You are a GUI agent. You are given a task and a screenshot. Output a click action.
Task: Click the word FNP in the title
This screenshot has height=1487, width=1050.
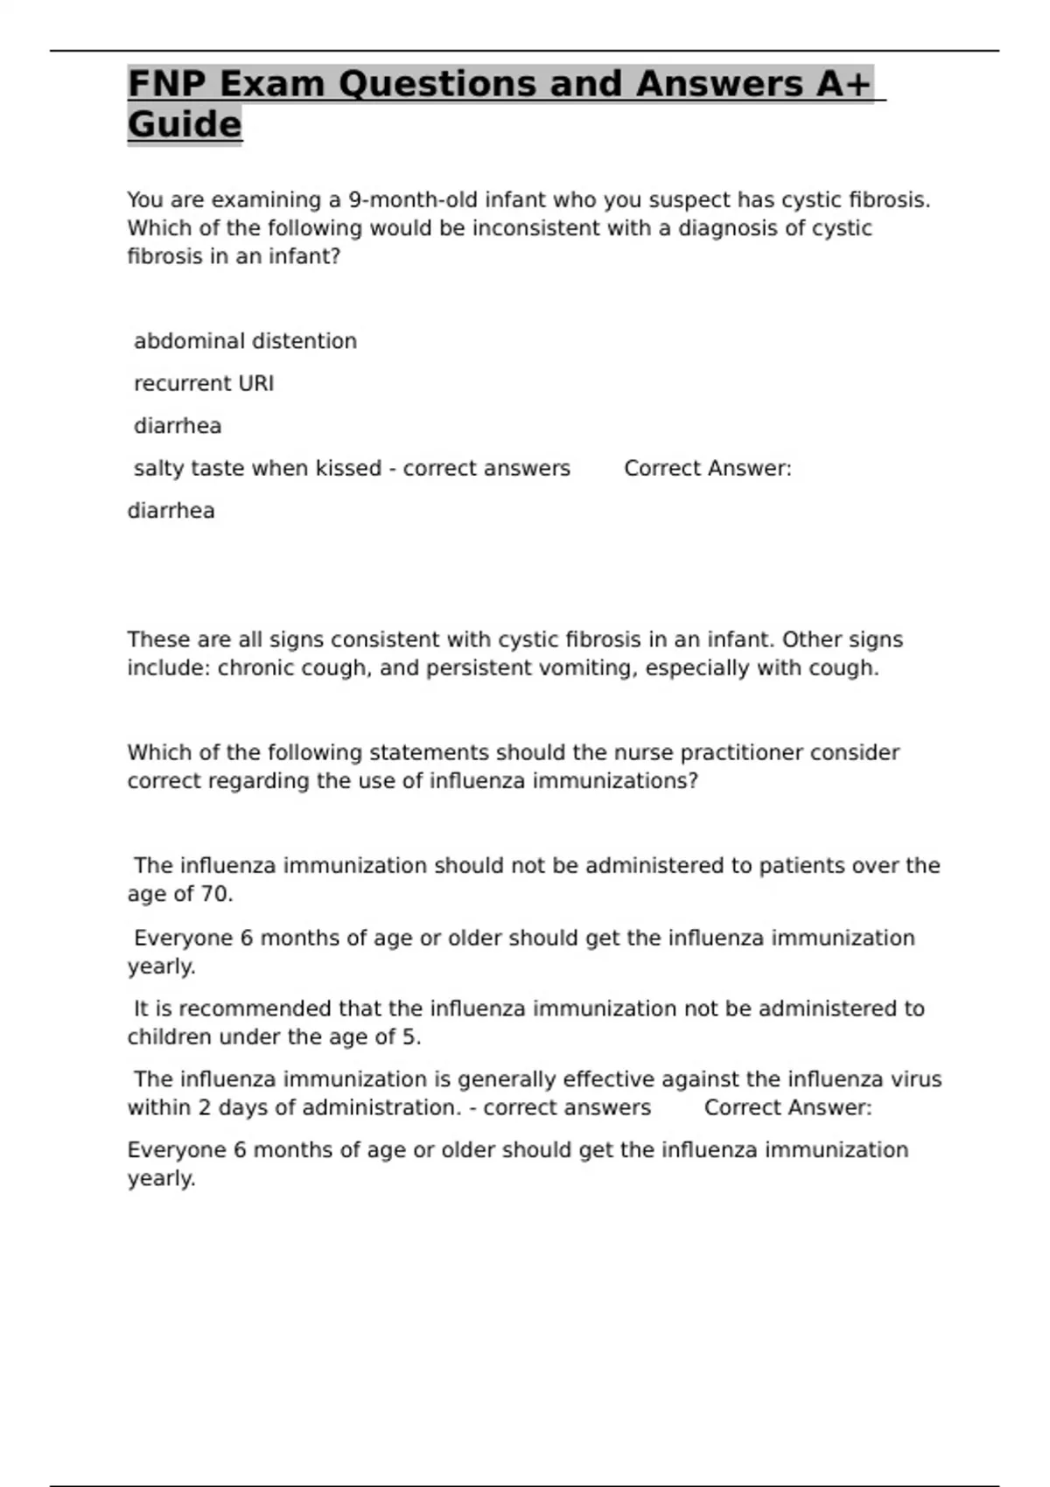point(167,84)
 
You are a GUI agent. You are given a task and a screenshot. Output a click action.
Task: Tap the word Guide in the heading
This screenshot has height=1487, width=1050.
point(185,124)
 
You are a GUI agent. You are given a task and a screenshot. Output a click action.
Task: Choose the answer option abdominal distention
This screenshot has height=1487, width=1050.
point(245,341)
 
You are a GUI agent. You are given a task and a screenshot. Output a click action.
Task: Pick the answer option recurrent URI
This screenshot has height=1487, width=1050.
point(204,384)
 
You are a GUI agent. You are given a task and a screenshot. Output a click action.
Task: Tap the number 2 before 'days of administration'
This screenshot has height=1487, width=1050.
point(204,1108)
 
